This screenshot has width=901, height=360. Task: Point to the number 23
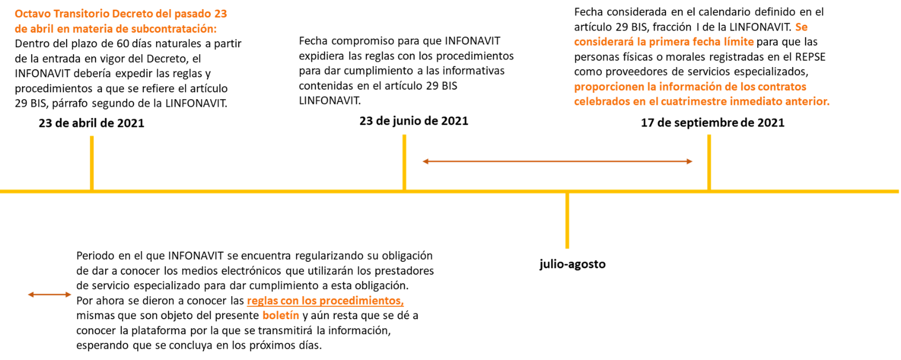(220, 14)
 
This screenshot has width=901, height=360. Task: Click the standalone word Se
(801, 27)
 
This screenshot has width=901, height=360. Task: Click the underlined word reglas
(262, 301)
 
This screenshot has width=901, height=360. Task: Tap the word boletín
(280, 315)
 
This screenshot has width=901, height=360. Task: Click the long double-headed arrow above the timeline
(557, 161)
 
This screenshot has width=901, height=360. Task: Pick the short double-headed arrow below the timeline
(49, 294)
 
